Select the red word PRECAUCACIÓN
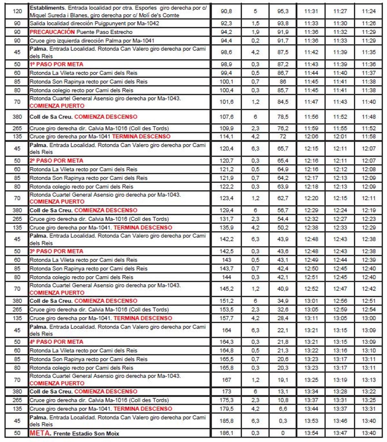(52, 32)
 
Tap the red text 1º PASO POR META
(56, 64)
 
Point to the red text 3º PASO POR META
(56, 251)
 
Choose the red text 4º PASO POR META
(56, 342)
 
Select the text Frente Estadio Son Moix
(86, 434)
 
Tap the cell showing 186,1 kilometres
(226, 433)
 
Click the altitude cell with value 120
(17, 11)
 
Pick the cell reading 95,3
(283, 11)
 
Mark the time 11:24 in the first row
(369, 11)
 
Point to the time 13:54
(311, 433)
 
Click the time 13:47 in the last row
(340, 433)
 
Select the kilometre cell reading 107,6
(226, 117)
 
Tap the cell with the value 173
(226, 391)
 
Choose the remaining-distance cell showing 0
(283, 433)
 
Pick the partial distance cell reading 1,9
(255, 32)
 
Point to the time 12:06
(311, 137)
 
